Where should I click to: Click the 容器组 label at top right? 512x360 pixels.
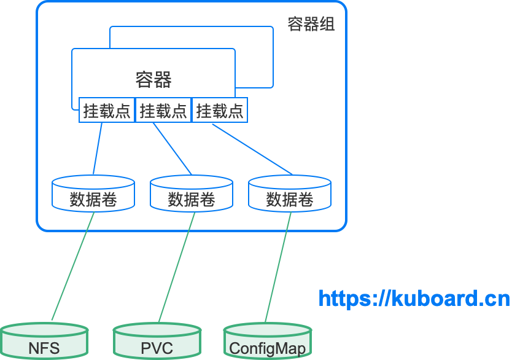(x=311, y=25)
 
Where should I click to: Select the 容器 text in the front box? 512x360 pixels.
(x=153, y=80)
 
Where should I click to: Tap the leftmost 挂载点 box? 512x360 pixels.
(x=107, y=111)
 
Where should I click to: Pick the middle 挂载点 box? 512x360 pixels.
(x=163, y=111)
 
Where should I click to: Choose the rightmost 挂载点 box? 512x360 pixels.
(x=220, y=111)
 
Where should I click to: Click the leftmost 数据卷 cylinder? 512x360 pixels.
(x=93, y=194)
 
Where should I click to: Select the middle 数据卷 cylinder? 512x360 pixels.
(x=192, y=194)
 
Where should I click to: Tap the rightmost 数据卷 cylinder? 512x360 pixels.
(x=290, y=194)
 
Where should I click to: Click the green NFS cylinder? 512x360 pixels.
(x=44, y=344)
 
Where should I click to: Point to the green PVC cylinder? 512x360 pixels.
(x=157, y=344)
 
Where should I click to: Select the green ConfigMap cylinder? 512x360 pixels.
(x=267, y=344)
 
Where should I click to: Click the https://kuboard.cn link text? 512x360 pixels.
(x=414, y=299)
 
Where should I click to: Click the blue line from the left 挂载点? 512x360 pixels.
(x=98, y=149)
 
